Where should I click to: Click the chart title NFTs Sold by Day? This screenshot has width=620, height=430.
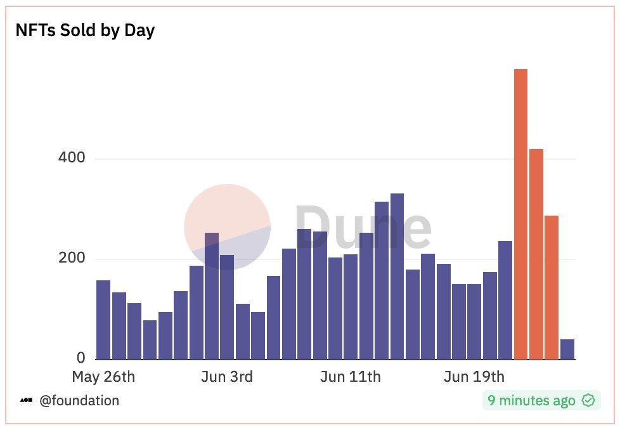point(85,30)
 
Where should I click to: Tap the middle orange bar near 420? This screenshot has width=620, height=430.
point(536,254)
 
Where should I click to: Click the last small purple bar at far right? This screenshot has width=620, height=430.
point(567,349)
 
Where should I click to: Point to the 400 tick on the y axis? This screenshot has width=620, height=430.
point(72,158)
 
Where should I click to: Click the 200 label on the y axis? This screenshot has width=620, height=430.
point(72,259)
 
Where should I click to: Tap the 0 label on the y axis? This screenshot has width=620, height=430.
point(80,359)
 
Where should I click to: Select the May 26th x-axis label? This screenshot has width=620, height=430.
point(103,377)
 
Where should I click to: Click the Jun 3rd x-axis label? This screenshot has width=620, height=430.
point(227,377)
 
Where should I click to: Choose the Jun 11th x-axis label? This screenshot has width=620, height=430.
point(351,377)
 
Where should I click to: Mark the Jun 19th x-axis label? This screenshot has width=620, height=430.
point(474,377)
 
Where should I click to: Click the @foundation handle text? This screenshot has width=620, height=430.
point(79,401)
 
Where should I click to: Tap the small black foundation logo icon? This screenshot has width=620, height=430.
point(26,401)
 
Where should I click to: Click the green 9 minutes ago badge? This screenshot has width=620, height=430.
point(541,401)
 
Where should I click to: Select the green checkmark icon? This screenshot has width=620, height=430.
point(588,401)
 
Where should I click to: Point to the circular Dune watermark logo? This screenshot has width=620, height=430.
point(227,227)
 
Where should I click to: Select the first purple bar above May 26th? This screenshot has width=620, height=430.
point(103,320)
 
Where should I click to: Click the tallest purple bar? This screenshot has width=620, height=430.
point(397,277)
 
